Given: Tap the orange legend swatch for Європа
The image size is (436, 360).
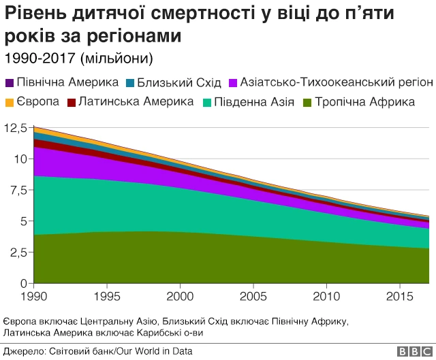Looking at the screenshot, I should [10, 103].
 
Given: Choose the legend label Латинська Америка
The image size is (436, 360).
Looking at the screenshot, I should [136, 102].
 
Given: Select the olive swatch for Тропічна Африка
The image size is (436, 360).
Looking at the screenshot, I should [308, 103].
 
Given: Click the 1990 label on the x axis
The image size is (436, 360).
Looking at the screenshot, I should [33, 297].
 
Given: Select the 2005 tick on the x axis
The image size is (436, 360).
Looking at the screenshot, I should [253, 297].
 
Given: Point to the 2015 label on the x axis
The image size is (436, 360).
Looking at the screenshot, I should [400, 297].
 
